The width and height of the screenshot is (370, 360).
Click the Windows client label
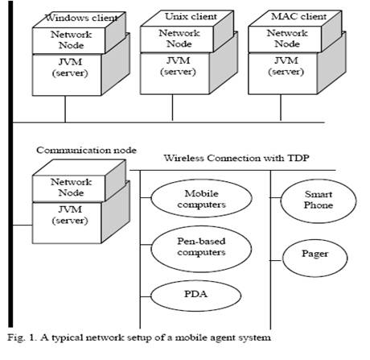point(82,18)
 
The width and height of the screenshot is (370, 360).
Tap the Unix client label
point(191,16)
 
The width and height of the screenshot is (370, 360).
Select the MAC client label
point(299,16)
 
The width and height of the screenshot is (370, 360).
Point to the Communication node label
point(86,150)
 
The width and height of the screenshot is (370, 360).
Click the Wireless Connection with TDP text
point(236,158)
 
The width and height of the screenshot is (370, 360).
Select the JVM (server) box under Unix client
point(175,73)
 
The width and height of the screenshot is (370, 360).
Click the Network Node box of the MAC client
point(285,39)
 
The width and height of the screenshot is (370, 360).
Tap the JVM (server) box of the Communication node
point(67,223)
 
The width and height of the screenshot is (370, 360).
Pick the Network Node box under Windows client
point(68,40)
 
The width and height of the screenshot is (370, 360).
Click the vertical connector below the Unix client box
point(172,108)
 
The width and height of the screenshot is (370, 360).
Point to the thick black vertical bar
point(10,163)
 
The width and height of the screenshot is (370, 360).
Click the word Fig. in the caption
point(15,337)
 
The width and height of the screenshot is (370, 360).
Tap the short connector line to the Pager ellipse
point(276,260)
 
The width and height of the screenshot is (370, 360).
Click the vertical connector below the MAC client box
point(281,108)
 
